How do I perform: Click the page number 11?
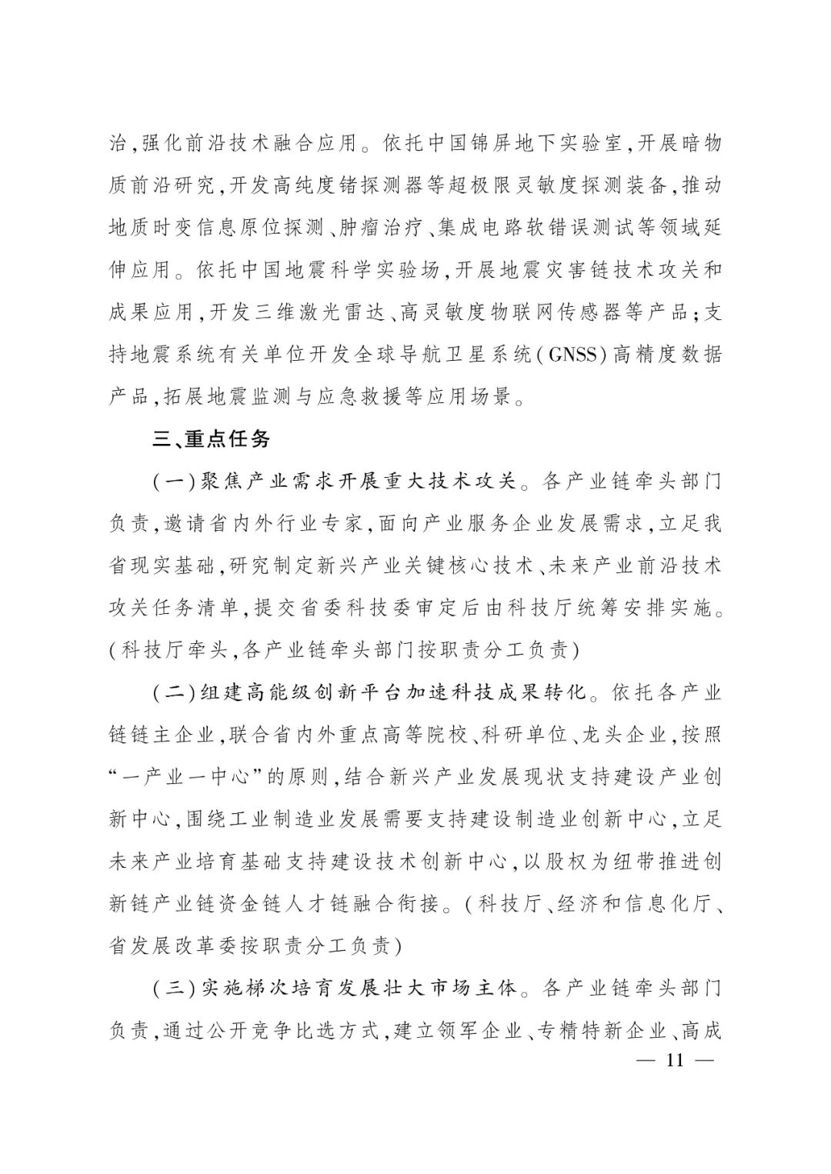(676, 1060)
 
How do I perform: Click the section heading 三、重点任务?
(211, 439)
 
